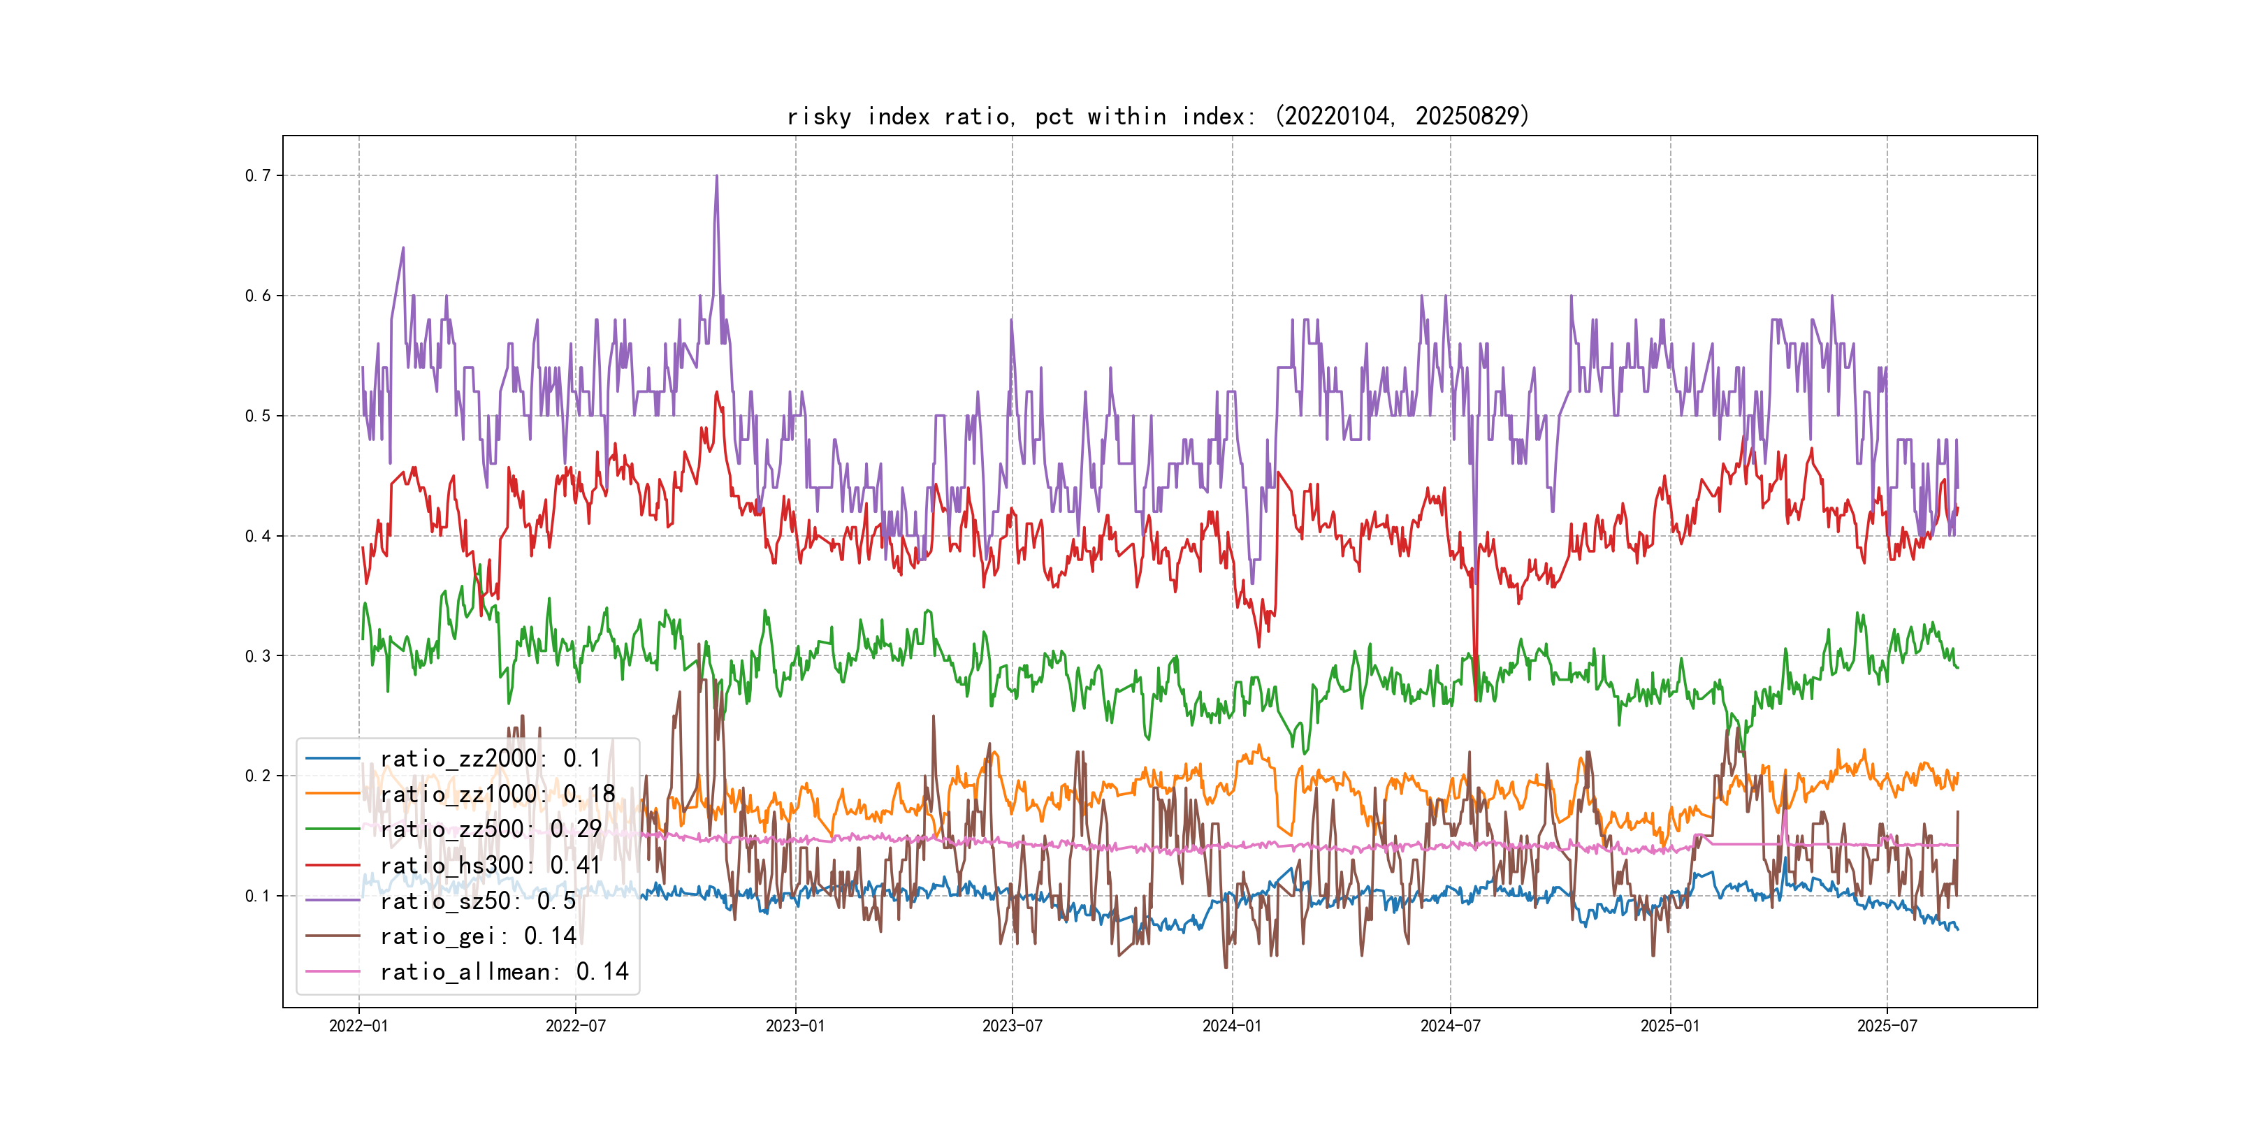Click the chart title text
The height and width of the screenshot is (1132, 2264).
(x=1159, y=116)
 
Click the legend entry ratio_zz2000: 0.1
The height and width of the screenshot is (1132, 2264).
(x=491, y=758)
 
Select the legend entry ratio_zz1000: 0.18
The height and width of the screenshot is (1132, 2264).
(x=498, y=794)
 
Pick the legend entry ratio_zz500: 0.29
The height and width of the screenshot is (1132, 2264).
(x=491, y=829)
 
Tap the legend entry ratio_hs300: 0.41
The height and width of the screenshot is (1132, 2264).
(x=491, y=865)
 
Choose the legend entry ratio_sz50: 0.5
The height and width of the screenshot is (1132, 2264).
(x=478, y=901)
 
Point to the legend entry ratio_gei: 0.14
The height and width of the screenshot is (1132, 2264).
(x=478, y=936)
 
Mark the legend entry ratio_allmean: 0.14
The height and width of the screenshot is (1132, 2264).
(x=505, y=971)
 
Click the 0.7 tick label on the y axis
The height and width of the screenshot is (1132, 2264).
(x=258, y=176)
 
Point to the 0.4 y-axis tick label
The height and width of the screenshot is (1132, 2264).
(x=258, y=536)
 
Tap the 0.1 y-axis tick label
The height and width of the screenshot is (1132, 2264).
(x=258, y=897)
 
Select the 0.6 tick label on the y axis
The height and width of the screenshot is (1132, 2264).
(x=258, y=296)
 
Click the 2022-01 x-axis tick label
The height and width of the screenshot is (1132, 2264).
(x=358, y=1026)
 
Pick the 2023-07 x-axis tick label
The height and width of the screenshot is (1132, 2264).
(x=1012, y=1026)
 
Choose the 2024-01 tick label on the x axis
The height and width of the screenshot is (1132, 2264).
(x=1231, y=1026)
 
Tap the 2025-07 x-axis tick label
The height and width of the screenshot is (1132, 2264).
(x=1886, y=1026)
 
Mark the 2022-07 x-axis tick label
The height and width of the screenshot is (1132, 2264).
(x=576, y=1026)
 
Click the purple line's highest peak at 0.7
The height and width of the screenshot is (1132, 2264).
(x=716, y=176)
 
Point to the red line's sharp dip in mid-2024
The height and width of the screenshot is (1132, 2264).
(x=1476, y=699)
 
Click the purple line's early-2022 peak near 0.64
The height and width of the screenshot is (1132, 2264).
(x=403, y=248)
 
